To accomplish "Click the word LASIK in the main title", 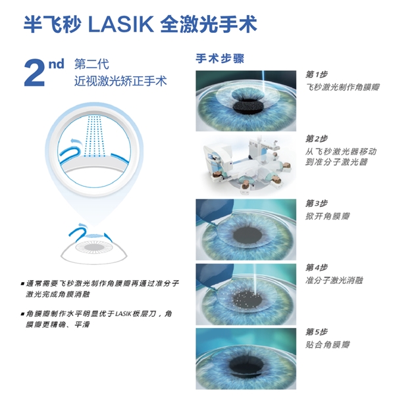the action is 120,24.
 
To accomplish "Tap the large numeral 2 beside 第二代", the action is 34,73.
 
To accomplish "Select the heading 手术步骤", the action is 220,59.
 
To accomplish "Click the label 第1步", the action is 317,74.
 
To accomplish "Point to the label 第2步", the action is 317,139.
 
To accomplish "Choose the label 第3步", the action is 317,203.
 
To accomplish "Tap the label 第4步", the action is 317,268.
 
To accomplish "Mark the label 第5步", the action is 317,332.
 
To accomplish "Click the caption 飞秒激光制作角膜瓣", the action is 342,87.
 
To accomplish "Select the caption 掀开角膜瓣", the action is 328,216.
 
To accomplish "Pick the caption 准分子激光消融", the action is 334,280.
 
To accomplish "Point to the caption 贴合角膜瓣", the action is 328,344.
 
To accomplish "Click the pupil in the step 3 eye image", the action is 248,235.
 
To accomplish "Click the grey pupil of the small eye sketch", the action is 94,247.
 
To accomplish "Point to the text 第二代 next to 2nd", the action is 92,64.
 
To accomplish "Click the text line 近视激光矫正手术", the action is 120,81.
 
